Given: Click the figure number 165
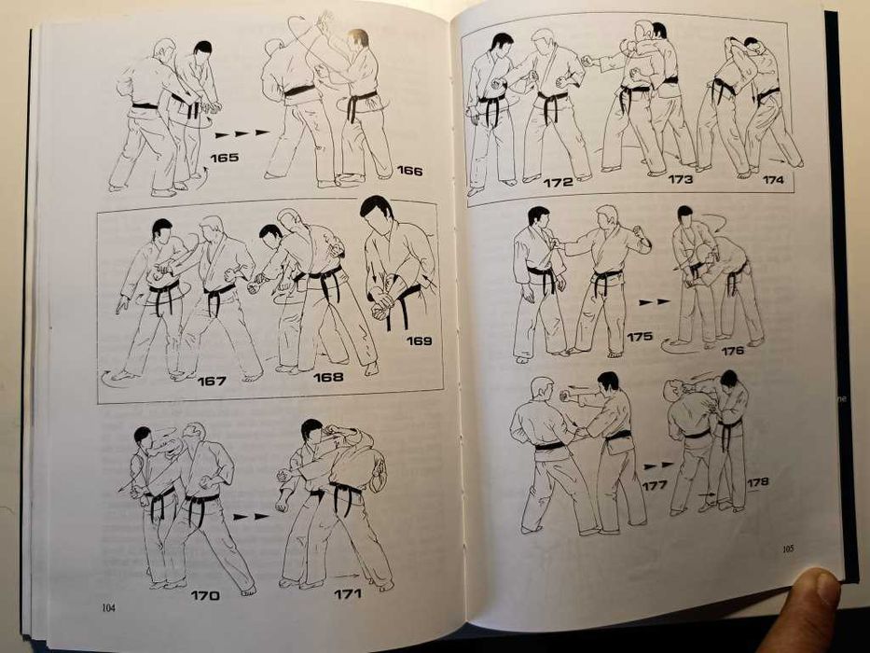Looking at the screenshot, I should click(224, 158).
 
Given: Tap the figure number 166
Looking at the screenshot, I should click(408, 171).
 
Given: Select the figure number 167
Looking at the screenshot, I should click(212, 380).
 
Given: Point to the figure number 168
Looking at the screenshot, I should click(328, 377).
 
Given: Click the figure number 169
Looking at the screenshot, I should click(419, 340).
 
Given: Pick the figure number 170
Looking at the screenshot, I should click(205, 595).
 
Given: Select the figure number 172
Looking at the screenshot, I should click(558, 182).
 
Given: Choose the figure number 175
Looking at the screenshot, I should click(640, 336).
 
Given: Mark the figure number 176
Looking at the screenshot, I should click(732, 351).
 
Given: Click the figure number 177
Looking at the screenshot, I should click(655, 485).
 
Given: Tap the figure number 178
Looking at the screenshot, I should click(758, 481).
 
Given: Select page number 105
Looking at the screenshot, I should click(788, 549).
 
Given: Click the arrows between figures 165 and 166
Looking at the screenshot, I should click(242, 133).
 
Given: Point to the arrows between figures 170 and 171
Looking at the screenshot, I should click(251, 514).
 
